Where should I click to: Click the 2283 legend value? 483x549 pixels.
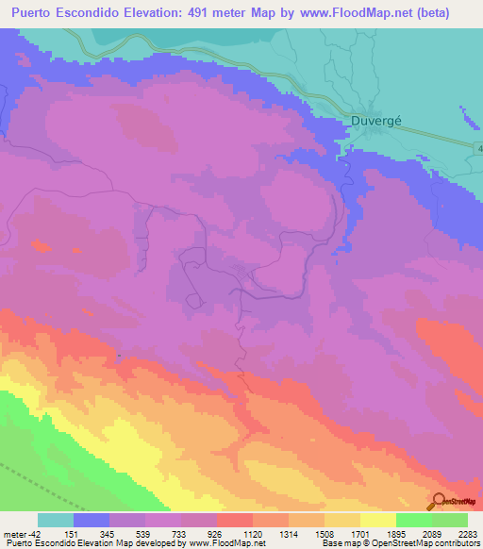point(468,533)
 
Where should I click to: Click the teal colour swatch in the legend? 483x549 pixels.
point(56,520)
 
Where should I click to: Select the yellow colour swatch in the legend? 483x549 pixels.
point(378,520)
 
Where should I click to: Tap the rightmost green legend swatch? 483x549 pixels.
point(450,520)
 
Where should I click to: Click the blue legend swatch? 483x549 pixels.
point(92,520)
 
